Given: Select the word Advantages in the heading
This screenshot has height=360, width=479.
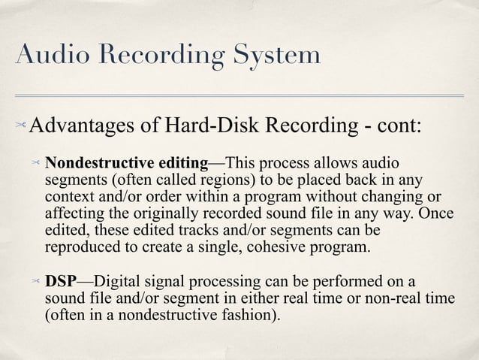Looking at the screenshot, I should point(83,124).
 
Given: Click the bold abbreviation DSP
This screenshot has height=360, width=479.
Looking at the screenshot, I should point(61,282).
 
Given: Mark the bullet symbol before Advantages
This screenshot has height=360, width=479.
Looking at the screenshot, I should point(19,124).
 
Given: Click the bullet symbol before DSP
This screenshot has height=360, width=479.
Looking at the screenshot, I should point(35,282).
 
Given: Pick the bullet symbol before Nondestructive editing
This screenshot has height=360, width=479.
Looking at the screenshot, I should point(35,163).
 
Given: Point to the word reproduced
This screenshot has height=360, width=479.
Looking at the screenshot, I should point(82,247).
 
